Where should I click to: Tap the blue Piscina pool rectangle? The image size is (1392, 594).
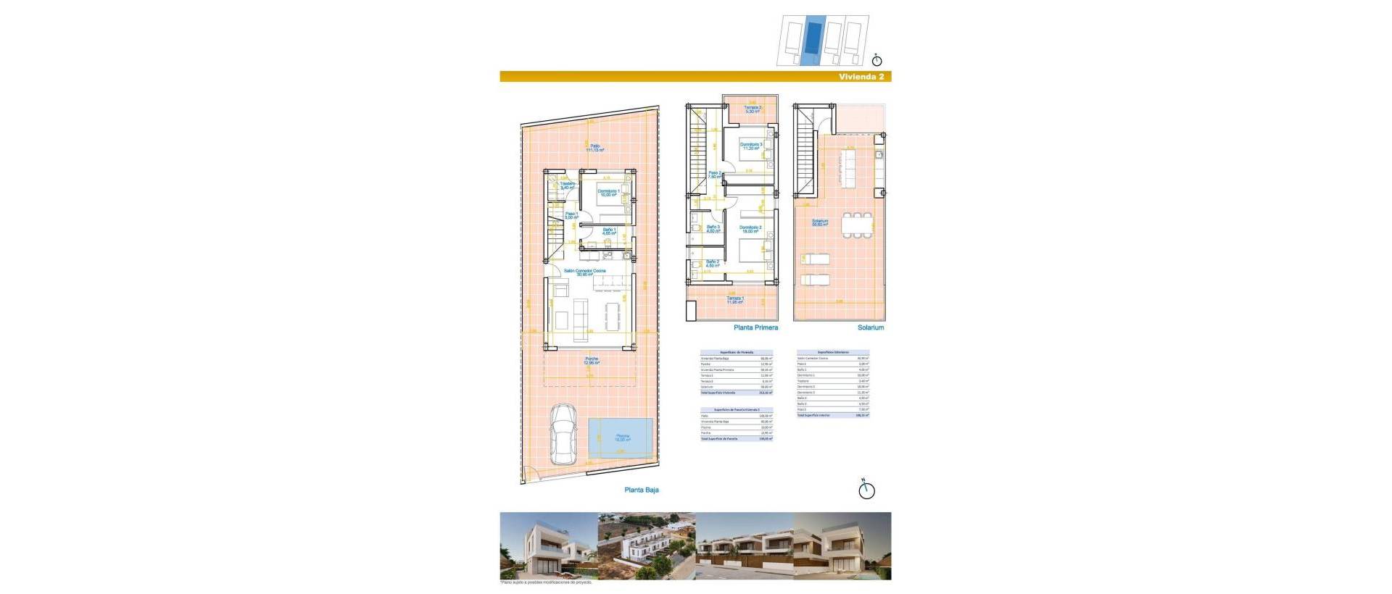(x=621, y=438)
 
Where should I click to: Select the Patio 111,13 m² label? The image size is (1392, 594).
(x=594, y=148)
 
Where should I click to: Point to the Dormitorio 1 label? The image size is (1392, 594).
(x=608, y=193)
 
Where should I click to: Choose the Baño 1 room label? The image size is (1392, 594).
(x=609, y=231)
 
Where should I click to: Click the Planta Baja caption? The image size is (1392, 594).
(x=641, y=490)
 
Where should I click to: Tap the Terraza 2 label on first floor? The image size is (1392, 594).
(x=752, y=109)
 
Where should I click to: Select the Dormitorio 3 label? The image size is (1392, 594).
(x=750, y=146)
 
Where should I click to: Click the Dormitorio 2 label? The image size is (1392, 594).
(x=750, y=230)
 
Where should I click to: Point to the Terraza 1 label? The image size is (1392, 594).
(x=735, y=300)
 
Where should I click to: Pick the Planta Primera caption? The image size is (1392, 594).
(x=755, y=327)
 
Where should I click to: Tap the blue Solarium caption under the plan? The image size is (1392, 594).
(x=870, y=327)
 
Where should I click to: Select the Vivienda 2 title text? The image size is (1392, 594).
(x=861, y=77)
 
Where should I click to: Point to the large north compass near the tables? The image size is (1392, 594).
(x=866, y=490)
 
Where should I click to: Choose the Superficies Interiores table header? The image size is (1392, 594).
(x=832, y=353)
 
